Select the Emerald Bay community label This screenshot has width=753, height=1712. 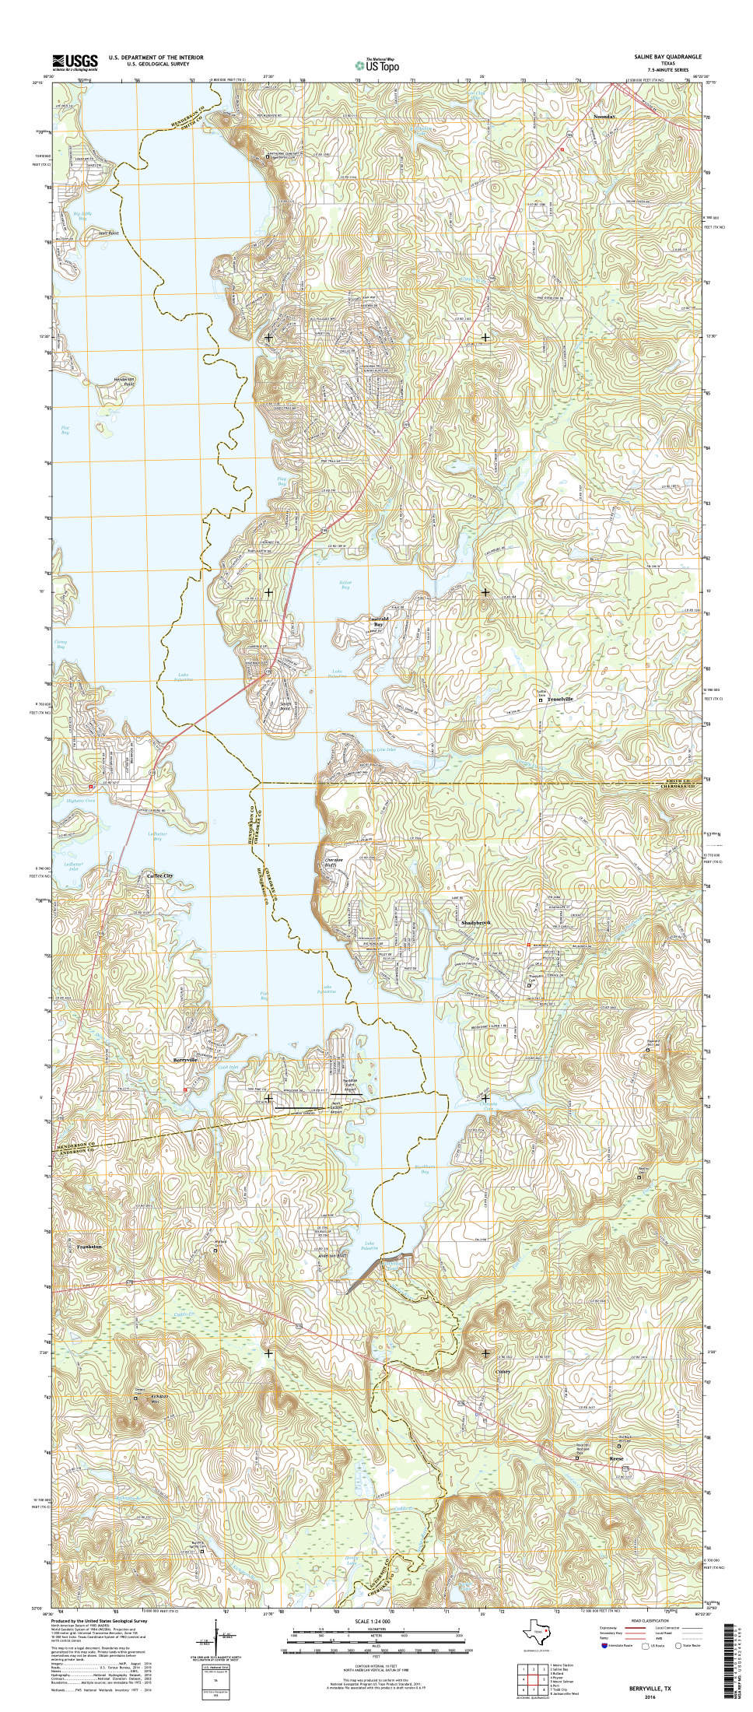pyautogui.click(x=376, y=621)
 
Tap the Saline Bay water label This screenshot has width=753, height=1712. pyautogui.click(x=345, y=584)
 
